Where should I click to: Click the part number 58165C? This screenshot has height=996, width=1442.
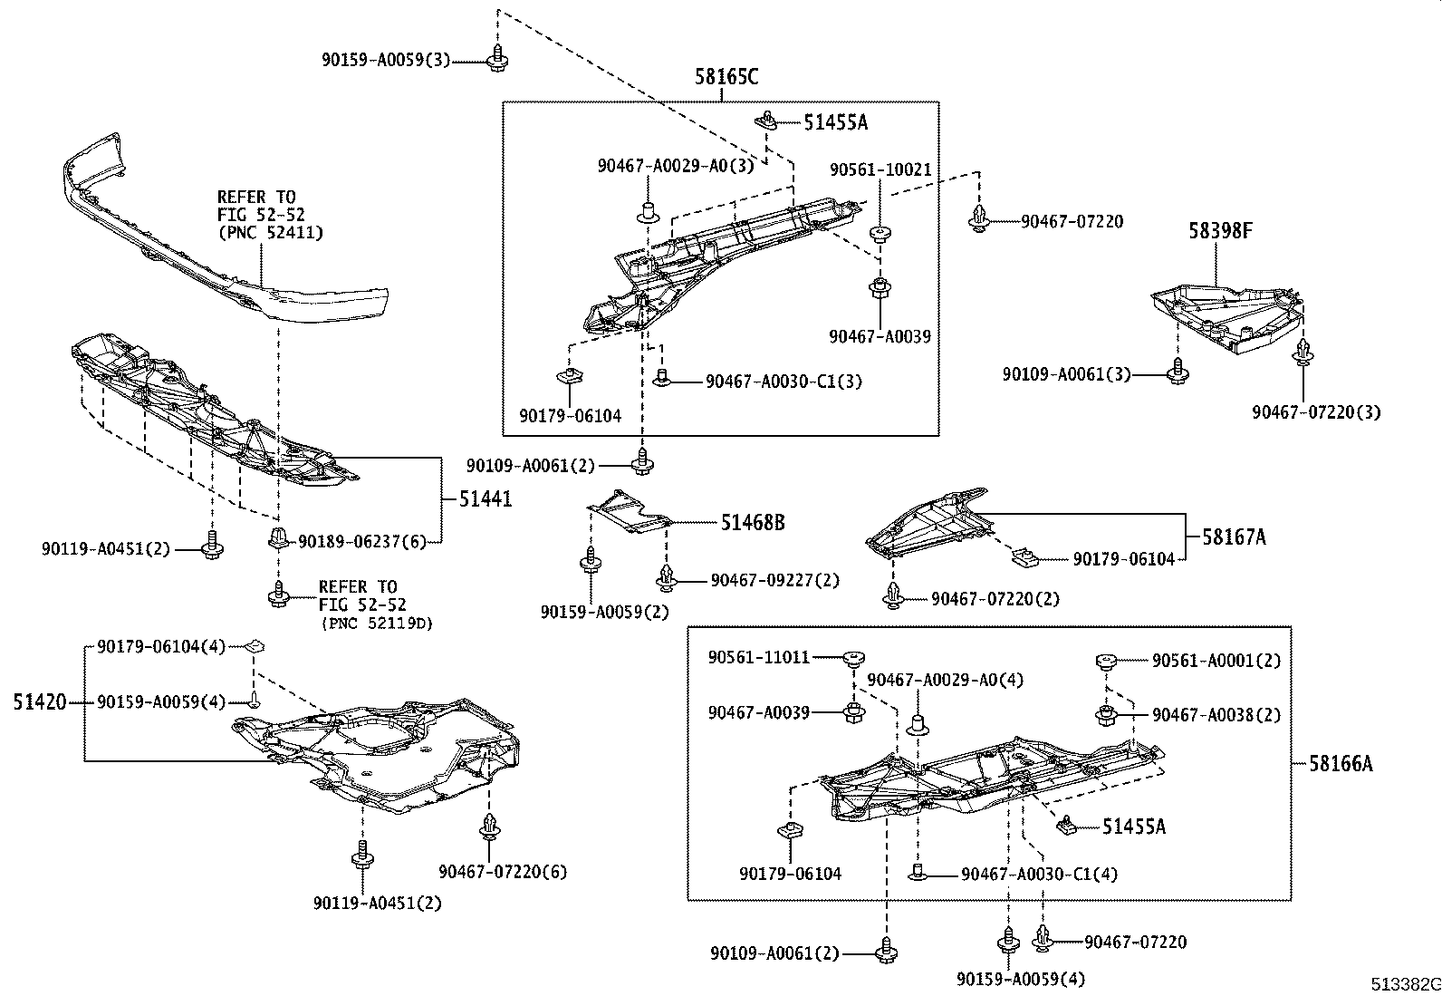[726, 78]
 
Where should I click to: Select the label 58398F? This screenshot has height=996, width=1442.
[1220, 231]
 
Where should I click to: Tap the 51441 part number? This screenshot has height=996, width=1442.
[485, 499]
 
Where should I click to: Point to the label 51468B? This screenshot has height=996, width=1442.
[753, 523]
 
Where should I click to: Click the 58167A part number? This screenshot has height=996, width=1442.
[1234, 537]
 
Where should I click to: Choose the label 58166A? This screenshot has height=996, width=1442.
[1340, 764]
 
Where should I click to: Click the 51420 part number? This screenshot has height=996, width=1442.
[40, 701]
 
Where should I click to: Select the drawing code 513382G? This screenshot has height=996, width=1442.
[1404, 984]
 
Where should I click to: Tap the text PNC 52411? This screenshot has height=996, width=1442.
[270, 233]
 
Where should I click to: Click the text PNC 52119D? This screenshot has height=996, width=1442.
[375, 624]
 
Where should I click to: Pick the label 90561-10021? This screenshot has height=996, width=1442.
[880, 170]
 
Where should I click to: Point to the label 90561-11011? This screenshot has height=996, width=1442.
[759, 657]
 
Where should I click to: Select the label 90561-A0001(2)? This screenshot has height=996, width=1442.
[1216, 662]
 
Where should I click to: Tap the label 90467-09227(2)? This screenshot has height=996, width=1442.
[774, 580]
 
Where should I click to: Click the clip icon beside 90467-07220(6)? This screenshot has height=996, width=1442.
[490, 827]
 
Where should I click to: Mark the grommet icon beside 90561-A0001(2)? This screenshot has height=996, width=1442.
[1104, 661]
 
